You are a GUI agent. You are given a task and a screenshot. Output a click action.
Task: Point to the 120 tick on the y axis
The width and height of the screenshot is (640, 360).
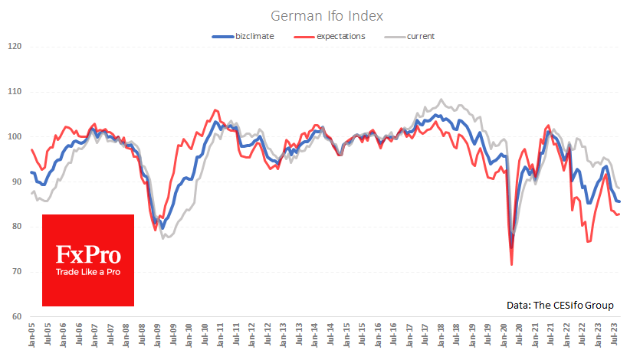[14, 47]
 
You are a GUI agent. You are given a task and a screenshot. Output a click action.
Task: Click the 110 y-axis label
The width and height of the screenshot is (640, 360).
[14, 92]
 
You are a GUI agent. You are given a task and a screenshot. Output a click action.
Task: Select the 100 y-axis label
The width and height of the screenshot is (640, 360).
[14, 137]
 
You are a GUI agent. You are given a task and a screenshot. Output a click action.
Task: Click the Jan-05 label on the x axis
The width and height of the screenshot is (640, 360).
[32, 335]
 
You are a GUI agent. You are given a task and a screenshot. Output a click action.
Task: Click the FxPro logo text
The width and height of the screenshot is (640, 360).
[88, 254]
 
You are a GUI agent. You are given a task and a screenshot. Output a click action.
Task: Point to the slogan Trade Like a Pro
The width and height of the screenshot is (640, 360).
[88, 272]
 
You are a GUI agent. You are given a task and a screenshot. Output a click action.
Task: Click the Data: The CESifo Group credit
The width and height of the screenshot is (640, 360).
[560, 305]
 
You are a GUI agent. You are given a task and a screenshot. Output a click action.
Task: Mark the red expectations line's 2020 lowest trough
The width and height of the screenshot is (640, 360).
[511, 265]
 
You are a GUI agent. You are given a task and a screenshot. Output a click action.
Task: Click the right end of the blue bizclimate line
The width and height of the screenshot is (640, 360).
[619, 201]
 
